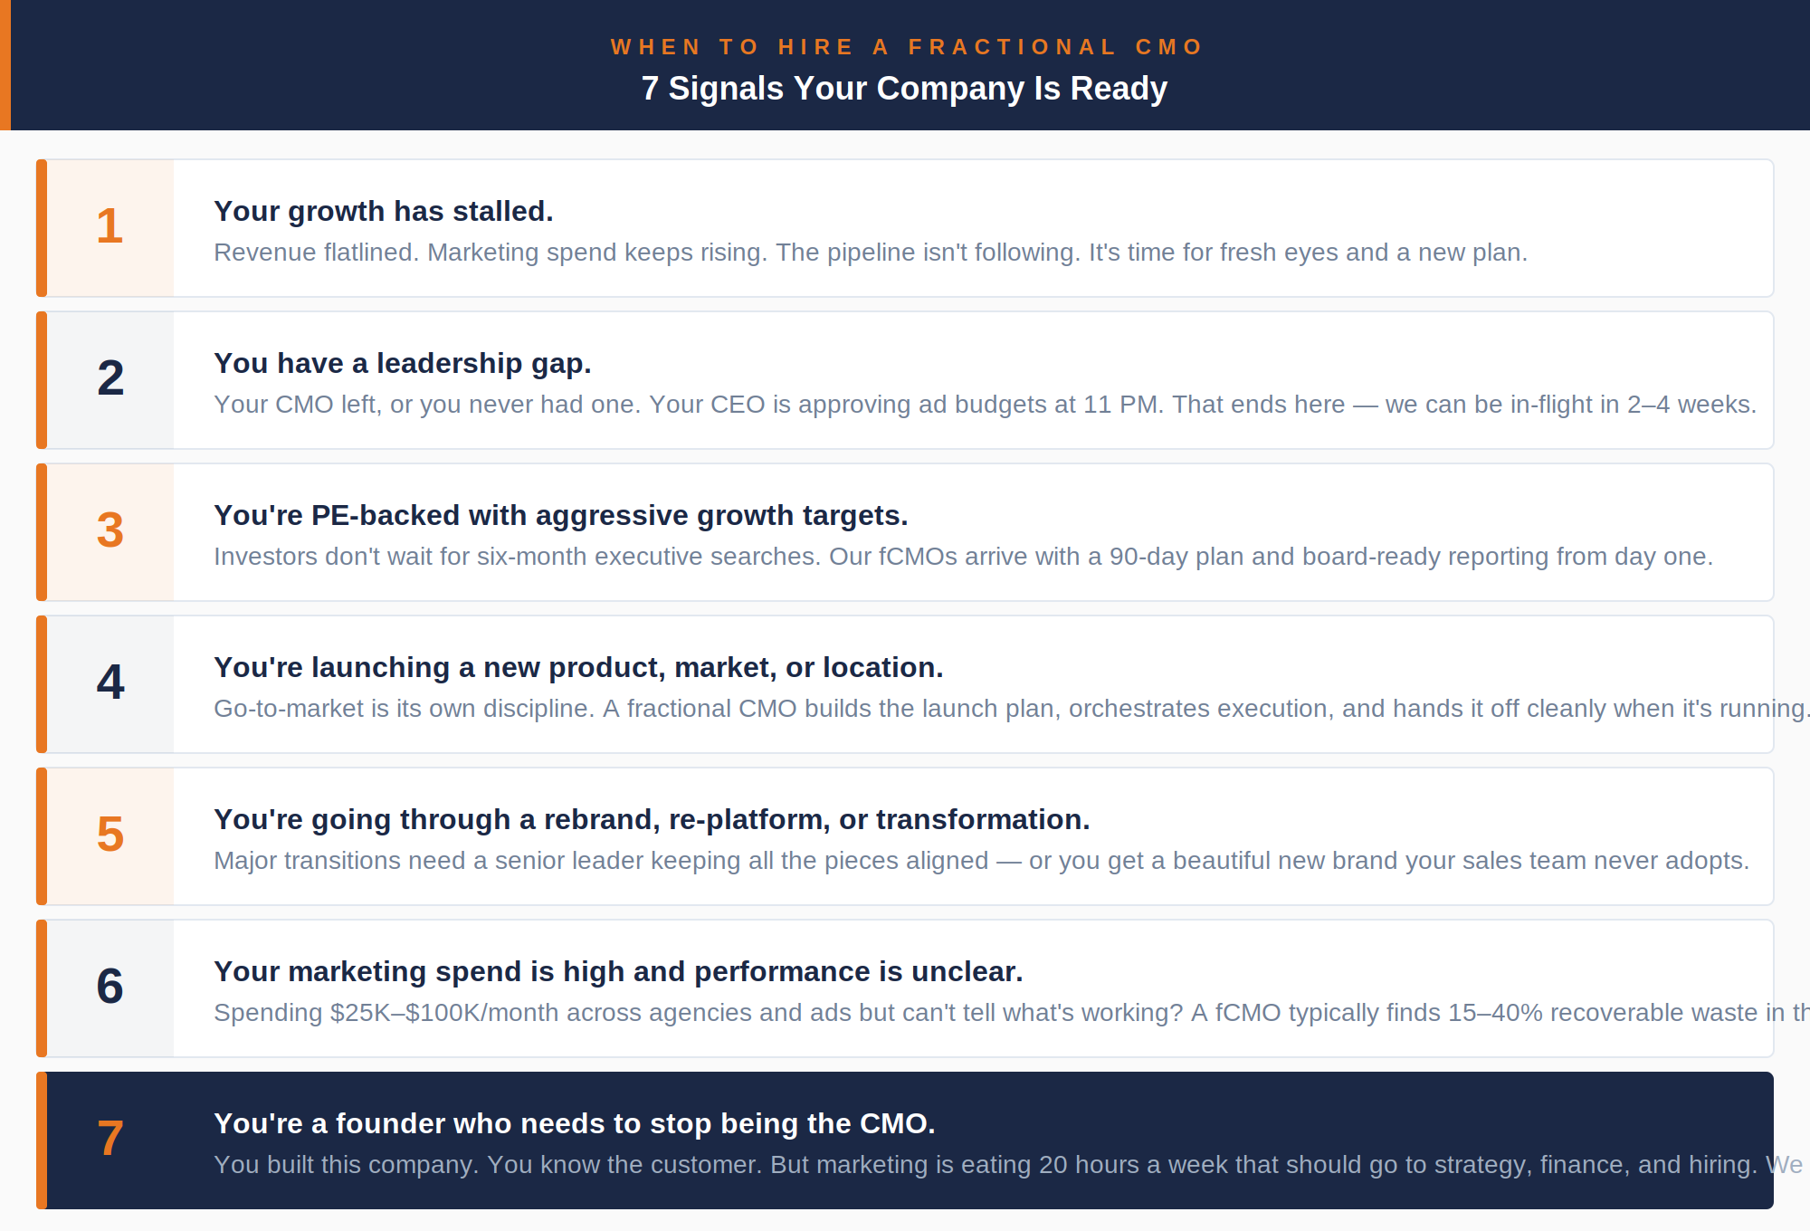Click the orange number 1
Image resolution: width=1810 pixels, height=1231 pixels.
tap(110, 225)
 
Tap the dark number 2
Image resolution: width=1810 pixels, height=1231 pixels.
tap(110, 377)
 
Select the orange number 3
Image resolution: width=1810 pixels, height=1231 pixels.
tap(110, 530)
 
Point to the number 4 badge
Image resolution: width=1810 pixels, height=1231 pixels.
tap(110, 682)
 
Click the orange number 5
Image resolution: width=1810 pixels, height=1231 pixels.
tap(110, 834)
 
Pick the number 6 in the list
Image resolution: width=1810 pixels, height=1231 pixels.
tap(110, 986)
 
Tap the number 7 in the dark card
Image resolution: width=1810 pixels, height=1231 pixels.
tap(110, 1138)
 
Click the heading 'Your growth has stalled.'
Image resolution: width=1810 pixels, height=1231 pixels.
tap(383, 211)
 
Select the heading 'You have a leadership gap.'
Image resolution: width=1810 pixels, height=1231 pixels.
tap(402, 363)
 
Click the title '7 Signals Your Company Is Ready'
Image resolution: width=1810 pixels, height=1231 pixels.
tap(904, 89)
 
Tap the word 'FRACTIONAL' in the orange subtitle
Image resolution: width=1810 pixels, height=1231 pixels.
tap(1013, 47)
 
